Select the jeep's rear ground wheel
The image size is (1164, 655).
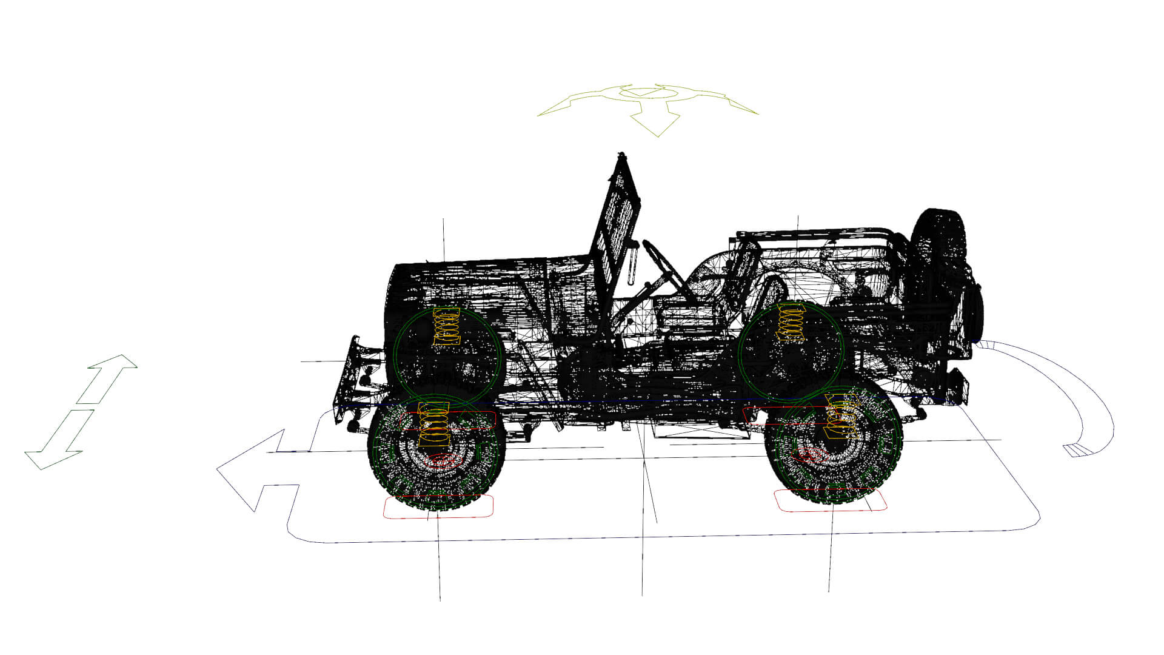click(834, 446)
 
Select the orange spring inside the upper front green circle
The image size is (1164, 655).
click(447, 327)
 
